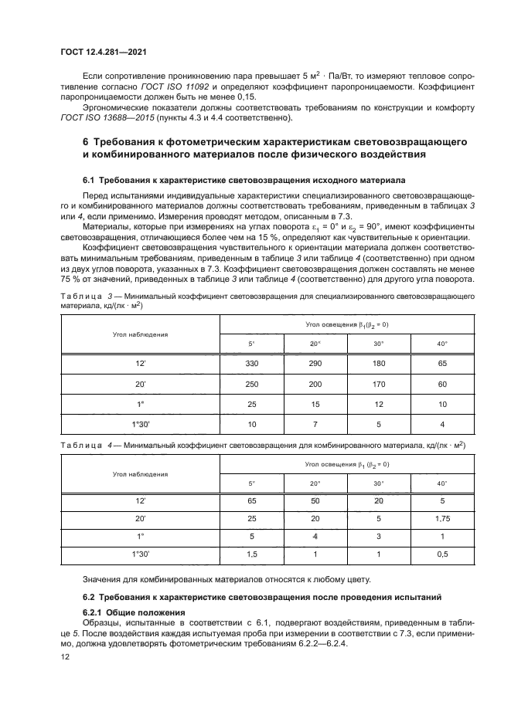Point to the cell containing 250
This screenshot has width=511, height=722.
(251, 383)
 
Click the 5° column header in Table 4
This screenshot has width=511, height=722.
(251, 483)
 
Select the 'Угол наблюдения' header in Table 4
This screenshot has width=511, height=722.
(140, 473)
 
